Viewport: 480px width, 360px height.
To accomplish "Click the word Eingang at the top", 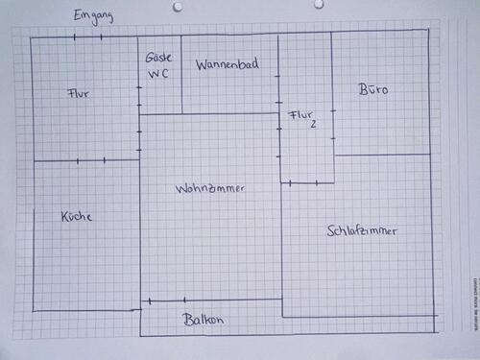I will [x=94, y=16].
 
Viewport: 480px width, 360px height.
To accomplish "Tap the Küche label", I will [x=77, y=217].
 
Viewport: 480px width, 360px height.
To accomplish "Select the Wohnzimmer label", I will [x=210, y=189].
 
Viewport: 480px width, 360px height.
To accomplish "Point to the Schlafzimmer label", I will [x=362, y=231].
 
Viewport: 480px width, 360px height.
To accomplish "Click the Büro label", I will [x=373, y=90].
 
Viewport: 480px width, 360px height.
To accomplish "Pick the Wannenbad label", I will [x=227, y=65].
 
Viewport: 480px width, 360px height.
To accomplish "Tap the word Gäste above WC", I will [x=158, y=58].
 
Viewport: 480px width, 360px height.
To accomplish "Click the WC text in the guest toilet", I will [x=158, y=74].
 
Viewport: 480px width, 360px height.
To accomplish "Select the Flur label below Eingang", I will [x=80, y=94].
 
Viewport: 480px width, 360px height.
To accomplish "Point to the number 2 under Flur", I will [x=313, y=125].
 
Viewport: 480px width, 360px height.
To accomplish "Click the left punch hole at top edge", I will [x=177, y=6].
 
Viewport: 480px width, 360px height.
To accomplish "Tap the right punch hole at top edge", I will [x=319, y=5].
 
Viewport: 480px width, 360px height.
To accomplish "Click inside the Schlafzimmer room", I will [x=365, y=269].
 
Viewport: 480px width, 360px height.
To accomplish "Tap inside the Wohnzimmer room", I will [x=211, y=240].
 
